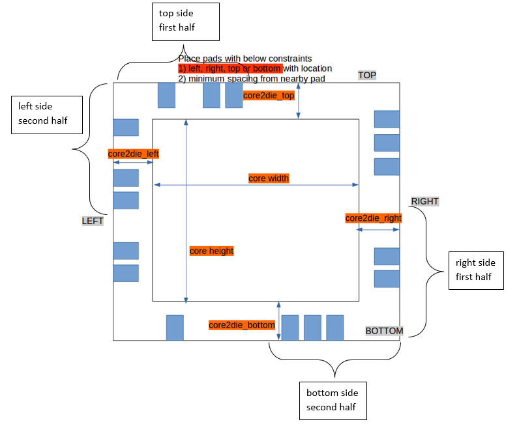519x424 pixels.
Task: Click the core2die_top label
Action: click(x=269, y=95)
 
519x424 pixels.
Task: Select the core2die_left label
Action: click(x=134, y=154)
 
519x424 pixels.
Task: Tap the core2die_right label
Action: click(x=374, y=218)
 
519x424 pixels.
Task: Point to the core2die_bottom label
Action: click(x=242, y=324)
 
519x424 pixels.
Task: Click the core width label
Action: click(x=269, y=178)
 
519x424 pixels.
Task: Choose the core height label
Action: click(x=211, y=251)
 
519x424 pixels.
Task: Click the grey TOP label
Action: click(x=367, y=75)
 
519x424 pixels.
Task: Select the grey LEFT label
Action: click(x=93, y=221)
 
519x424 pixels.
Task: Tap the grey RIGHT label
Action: click(x=424, y=201)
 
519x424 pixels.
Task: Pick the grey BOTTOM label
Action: click(x=384, y=331)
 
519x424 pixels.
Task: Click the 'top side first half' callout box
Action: click(x=186, y=21)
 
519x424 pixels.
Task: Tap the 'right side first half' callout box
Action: click(x=476, y=270)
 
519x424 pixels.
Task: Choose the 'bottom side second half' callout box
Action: click(x=333, y=401)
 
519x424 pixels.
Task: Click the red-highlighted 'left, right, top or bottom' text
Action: click(x=230, y=68)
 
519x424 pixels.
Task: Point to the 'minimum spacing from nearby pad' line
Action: click(x=252, y=78)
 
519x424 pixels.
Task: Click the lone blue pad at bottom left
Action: click(x=175, y=328)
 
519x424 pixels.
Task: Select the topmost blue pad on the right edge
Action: click(x=387, y=119)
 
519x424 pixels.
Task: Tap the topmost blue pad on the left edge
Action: click(x=126, y=128)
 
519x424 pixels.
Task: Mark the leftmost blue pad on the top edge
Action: click(x=166, y=95)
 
